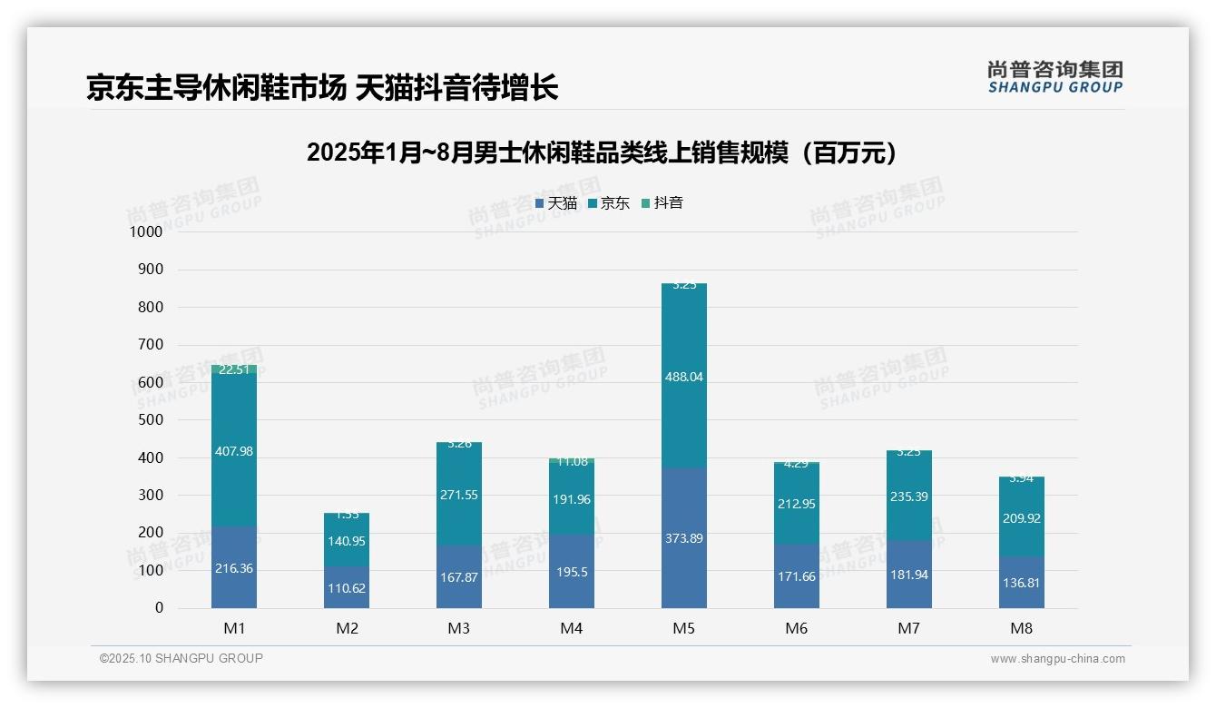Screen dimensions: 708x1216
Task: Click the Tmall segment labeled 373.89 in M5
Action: coord(683,538)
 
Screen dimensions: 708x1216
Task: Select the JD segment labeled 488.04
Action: coord(683,377)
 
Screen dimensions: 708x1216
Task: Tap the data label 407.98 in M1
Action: coord(234,451)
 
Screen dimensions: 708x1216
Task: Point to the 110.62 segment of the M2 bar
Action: coord(347,588)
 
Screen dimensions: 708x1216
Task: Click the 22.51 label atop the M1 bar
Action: coord(234,369)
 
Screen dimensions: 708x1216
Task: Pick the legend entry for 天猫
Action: coord(556,203)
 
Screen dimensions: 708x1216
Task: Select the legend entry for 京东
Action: coord(609,203)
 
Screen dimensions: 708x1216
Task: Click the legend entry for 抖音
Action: coord(662,203)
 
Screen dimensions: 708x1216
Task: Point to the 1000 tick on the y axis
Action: coord(146,232)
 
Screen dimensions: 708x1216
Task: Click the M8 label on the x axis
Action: coord(1021,628)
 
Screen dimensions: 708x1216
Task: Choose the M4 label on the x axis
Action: coord(571,628)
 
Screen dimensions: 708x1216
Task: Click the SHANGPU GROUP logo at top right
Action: coord(1054,77)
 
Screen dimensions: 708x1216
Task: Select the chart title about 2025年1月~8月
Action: coord(603,152)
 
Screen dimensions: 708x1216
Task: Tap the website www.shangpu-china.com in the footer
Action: coord(1057,659)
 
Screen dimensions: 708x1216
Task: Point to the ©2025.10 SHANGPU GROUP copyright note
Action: coord(181,659)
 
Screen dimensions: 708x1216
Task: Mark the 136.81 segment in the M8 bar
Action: coord(1021,583)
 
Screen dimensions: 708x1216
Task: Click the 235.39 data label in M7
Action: coord(908,497)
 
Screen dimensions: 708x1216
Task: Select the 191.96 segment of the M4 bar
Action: coord(571,499)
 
